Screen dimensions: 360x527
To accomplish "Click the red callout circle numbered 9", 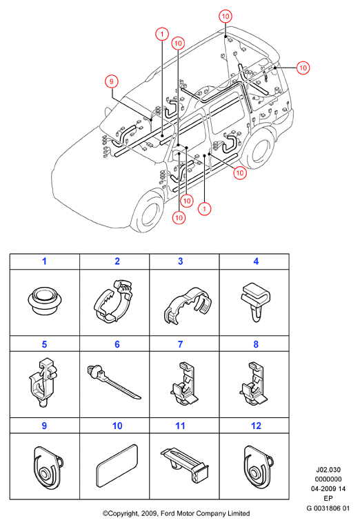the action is tap(112, 81).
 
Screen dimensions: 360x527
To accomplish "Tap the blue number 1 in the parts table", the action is tap(44, 261).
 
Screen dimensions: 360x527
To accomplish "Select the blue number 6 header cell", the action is tap(117, 344).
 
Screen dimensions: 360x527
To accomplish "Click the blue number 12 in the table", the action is tap(256, 426).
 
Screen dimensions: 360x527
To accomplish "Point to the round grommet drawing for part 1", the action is tap(45, 301).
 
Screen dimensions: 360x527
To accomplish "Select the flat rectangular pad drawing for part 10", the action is tap(117, 466).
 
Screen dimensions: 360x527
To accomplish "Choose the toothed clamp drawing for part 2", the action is tap(113, 301).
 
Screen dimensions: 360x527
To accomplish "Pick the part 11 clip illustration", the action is tap(184, 464).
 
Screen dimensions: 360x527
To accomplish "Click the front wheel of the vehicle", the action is tap(148, 212).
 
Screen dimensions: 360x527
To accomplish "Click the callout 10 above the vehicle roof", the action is tap(226, 16).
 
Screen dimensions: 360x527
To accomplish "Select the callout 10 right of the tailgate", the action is tap(303, 68).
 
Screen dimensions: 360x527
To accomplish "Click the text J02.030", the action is tap(328, 470).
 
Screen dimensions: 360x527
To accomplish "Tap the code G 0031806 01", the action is tap(328, 508).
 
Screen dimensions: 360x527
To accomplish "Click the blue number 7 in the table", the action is tap(181, 344).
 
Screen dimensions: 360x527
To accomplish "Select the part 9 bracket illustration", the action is tap(48, 468).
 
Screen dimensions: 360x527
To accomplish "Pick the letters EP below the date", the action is tap(328, 499).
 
